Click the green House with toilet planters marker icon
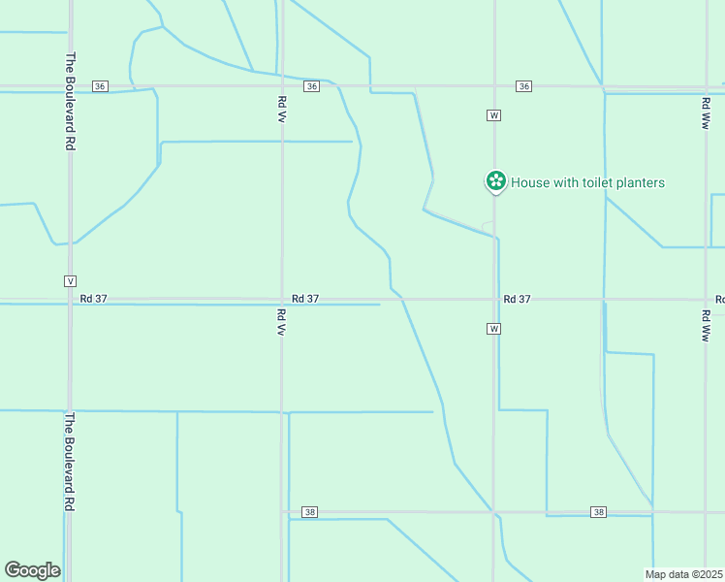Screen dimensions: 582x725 point(495,180)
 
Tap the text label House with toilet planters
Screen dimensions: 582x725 point(587,182)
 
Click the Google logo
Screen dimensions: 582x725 point(32,570)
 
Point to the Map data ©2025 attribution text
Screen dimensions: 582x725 point(684,574)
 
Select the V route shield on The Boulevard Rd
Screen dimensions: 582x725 point(69,280)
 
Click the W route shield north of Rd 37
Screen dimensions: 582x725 point(493,115)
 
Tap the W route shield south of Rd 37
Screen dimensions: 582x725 point(493,329)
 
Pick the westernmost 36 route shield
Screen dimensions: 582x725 point(100,86)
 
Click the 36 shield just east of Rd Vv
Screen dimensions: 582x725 point(310,86)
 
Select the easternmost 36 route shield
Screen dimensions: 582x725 point(523,86)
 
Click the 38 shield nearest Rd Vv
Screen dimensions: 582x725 point(309,512)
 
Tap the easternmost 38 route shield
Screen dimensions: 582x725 point(599,512)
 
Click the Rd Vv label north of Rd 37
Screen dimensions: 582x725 point(281,108)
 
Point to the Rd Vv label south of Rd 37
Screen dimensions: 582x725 point(281,322)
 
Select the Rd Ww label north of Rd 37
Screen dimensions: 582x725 point(706,113)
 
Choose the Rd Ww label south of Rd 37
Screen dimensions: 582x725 point(706,326)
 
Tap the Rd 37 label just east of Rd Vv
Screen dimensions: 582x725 point(305,299)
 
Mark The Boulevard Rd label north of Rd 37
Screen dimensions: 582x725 point(70,100)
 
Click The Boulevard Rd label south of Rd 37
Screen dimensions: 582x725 point(70,463)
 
